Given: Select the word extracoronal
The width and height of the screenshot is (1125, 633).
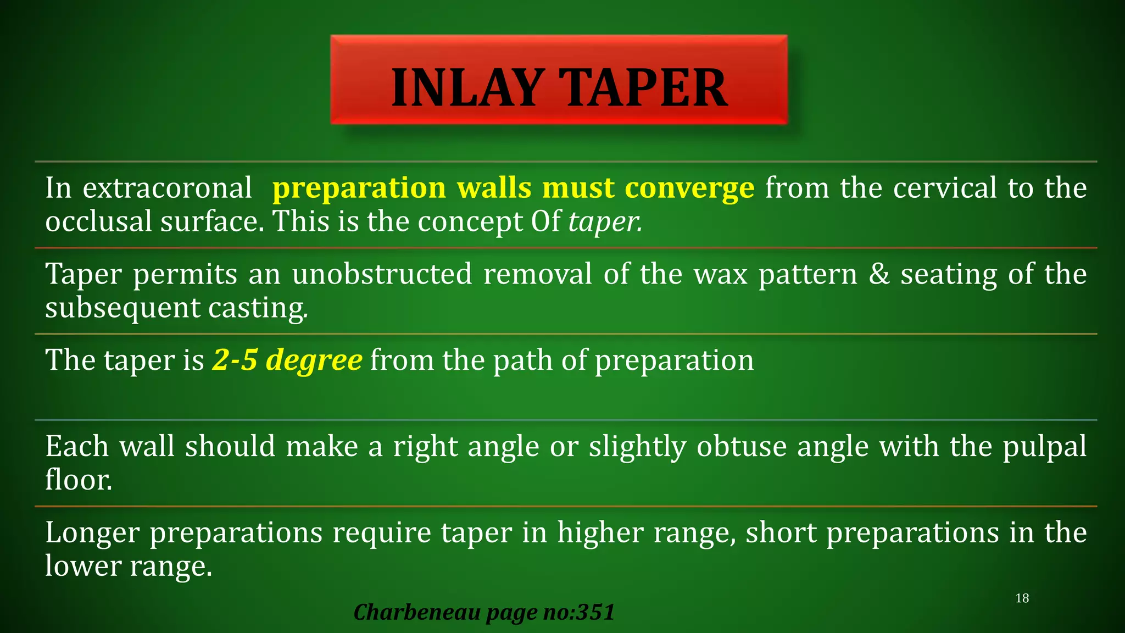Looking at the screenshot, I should (x=167, y=188).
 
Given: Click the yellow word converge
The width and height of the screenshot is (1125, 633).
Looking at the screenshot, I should (x=689, y=188).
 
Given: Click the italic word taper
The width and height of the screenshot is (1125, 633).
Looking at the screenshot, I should (x=605, y=222).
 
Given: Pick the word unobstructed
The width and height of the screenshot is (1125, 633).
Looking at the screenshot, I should (x=382, y=274).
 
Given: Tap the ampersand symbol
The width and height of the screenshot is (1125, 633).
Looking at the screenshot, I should (x=879, y=274).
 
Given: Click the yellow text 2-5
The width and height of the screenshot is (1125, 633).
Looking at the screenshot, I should (x=235, y=360).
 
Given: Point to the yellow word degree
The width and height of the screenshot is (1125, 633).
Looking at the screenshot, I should (x=314, y=361).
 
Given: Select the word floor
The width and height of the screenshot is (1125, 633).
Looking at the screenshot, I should (x=79, y=480).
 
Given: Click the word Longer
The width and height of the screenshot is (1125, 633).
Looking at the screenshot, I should (x=92, y=533).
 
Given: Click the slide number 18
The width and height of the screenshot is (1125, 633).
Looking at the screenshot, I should (x=1022, y=598).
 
